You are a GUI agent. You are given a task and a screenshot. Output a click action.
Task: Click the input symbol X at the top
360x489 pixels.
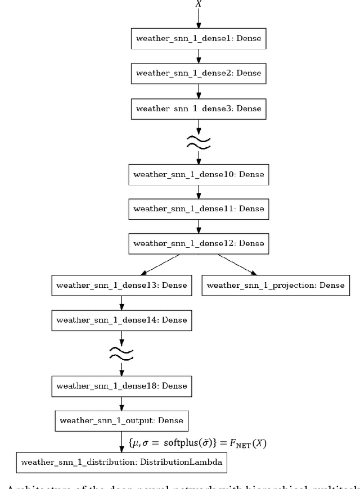pos(197,3)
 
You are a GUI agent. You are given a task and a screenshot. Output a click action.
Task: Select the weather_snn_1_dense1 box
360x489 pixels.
pos(198,40)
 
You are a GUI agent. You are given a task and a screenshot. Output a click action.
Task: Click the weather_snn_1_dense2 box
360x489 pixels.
pos(198,74)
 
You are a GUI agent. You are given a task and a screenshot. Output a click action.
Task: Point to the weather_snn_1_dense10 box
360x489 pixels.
pos(198,175)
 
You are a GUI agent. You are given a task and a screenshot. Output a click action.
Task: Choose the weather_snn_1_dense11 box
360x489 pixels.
pos(198,208)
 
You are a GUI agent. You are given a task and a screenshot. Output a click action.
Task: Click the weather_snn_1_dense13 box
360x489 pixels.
pos(121,285)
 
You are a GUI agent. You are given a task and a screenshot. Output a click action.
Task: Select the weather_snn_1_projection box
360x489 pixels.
pos(275,285)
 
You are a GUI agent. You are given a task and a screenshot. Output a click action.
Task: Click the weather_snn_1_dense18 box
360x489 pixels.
pos(121,386)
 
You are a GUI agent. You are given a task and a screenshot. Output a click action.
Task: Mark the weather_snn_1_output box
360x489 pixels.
pos(121,420)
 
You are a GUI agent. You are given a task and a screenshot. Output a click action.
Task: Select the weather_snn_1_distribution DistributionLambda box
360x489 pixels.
pos(121,463)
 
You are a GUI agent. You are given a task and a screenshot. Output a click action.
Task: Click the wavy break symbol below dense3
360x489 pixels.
pos(198,141)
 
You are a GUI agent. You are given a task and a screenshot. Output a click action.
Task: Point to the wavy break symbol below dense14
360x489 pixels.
pos(121,352)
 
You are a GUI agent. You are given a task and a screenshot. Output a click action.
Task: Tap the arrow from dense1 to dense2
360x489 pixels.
pos(198,57)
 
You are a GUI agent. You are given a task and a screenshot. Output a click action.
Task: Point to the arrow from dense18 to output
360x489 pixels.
pos(121,403)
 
